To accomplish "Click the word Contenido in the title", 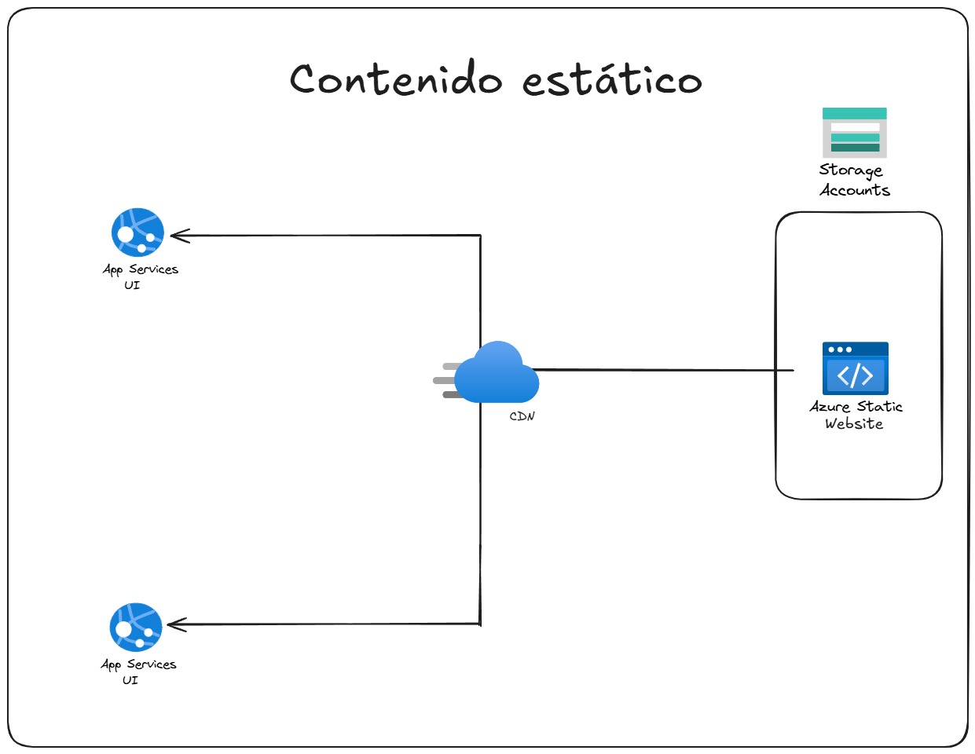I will click(395, 79).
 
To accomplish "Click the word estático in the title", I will click(612, 79).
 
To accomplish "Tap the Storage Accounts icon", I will click(854, 133).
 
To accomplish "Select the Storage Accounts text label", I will click(854, 180).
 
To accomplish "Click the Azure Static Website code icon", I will click(855, 368).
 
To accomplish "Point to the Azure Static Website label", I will click(856, 415).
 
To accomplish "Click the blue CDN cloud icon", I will click(498, 374).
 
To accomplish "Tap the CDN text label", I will click(522, 416).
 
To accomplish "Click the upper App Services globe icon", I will click(137, 232).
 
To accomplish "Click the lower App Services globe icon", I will click(136, 627).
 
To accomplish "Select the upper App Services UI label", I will click(140, 276).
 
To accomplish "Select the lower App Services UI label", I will click(138, 672).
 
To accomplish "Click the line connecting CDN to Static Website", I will click(668, 370).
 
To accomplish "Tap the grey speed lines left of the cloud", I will click(447, 381).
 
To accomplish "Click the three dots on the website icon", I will click(840, 350).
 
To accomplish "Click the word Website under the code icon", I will click(854, 424).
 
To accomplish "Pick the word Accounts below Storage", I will click(855, 190).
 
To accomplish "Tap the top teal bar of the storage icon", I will click(854, 114).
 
